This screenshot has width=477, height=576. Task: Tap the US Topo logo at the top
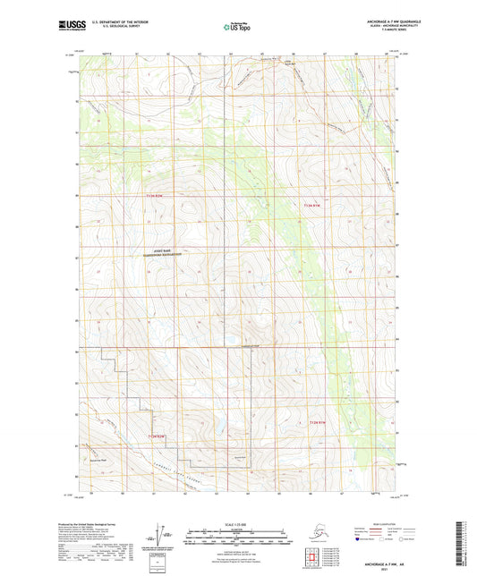(x=236, y=27)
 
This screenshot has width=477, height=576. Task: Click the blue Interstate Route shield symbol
(x=361, y=540)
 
